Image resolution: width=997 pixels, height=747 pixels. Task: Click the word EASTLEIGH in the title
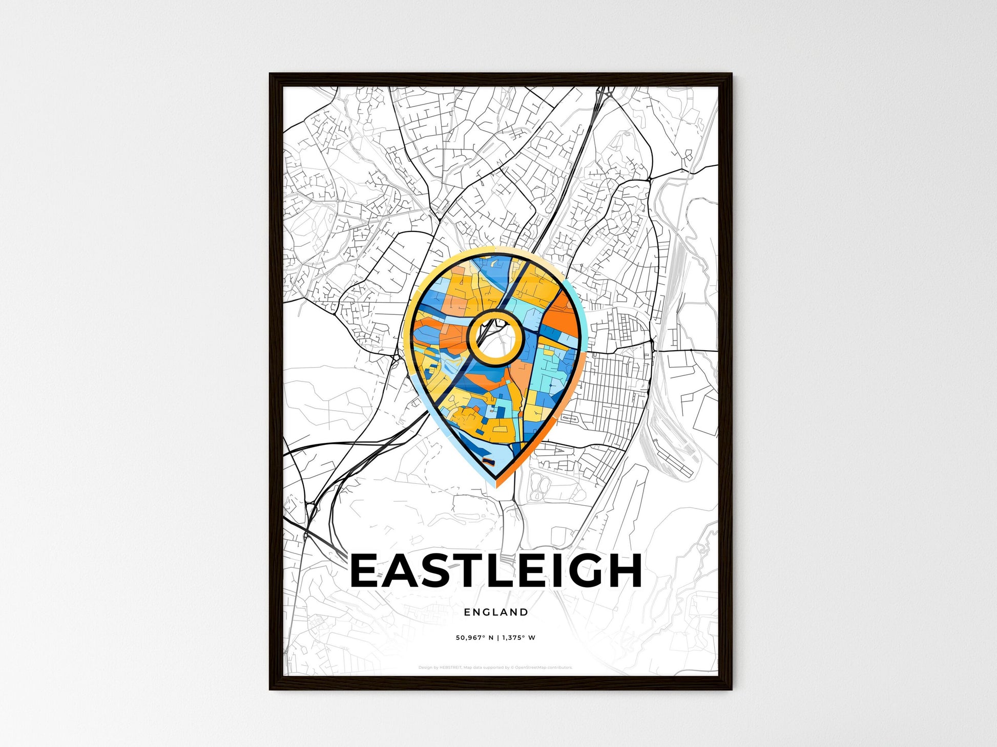tap(496, 570)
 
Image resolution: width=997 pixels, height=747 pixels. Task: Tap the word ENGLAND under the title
tap(496, 612)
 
